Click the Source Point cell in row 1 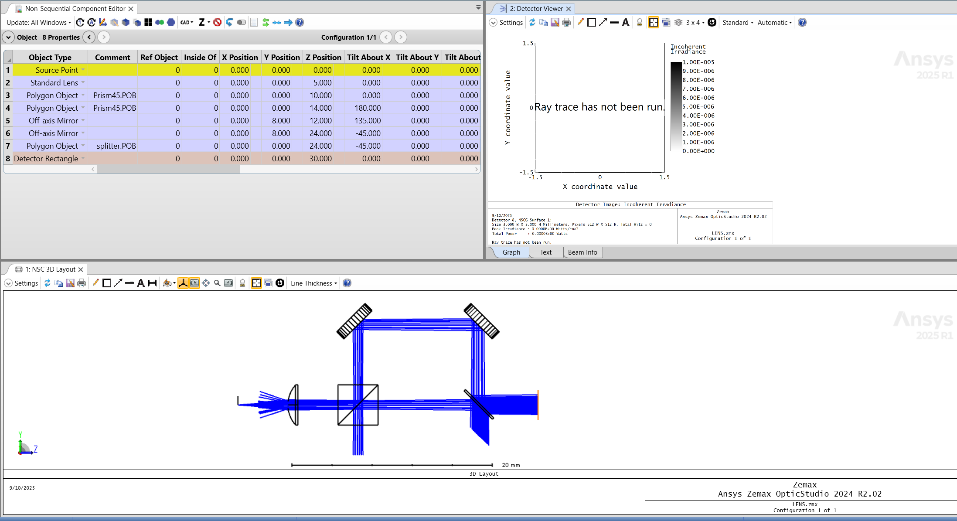[x=57, y=70]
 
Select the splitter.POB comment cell [x=116, y=146]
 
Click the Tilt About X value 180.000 [x=367, y=108]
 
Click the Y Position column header [x=282, y=58]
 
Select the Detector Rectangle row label [x=46, y=159]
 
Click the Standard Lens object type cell [x=54, y=83]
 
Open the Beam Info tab [x=582, y=252]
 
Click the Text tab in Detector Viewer [x=545, y=252]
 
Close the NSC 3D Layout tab [x=81, y=269]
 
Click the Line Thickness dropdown [x=313, y=283]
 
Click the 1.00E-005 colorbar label [x=698, y=62]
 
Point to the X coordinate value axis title [x=599, y=187]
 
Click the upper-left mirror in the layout [x=354, y=321]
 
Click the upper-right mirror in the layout [x=481, y=321]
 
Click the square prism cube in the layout [x=358, y=405]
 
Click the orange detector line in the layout [x=538, y=405]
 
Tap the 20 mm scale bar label [x=511, y=465]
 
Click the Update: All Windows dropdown [x=38, y=23]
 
